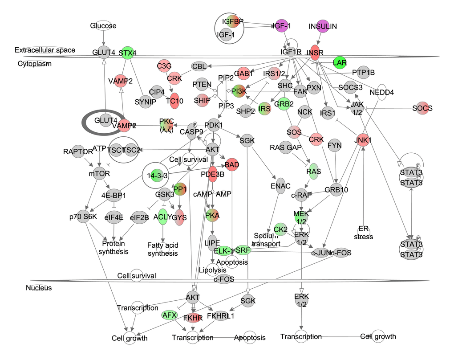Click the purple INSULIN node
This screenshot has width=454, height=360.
click(323, 26)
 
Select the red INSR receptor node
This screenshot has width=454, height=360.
click(315, 53)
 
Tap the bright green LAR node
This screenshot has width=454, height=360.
click(340, 62)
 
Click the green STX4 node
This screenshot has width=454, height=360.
click(127, 53)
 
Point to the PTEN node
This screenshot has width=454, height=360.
click(202, 84)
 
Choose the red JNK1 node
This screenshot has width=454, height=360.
click(363, 139)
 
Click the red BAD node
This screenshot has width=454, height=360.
click(232, 164)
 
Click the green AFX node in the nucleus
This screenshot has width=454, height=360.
click(170, 315)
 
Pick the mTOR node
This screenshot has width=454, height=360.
click(101, 173)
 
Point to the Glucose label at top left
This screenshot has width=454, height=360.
click(103, 26)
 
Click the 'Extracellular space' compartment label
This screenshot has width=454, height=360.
click(45, 50)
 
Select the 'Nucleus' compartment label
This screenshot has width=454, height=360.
click(39, 288)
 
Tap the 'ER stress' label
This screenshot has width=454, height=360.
click(363, 233)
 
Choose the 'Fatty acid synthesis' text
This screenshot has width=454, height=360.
click(162, 249)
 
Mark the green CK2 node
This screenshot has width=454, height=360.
click(280, 230)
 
